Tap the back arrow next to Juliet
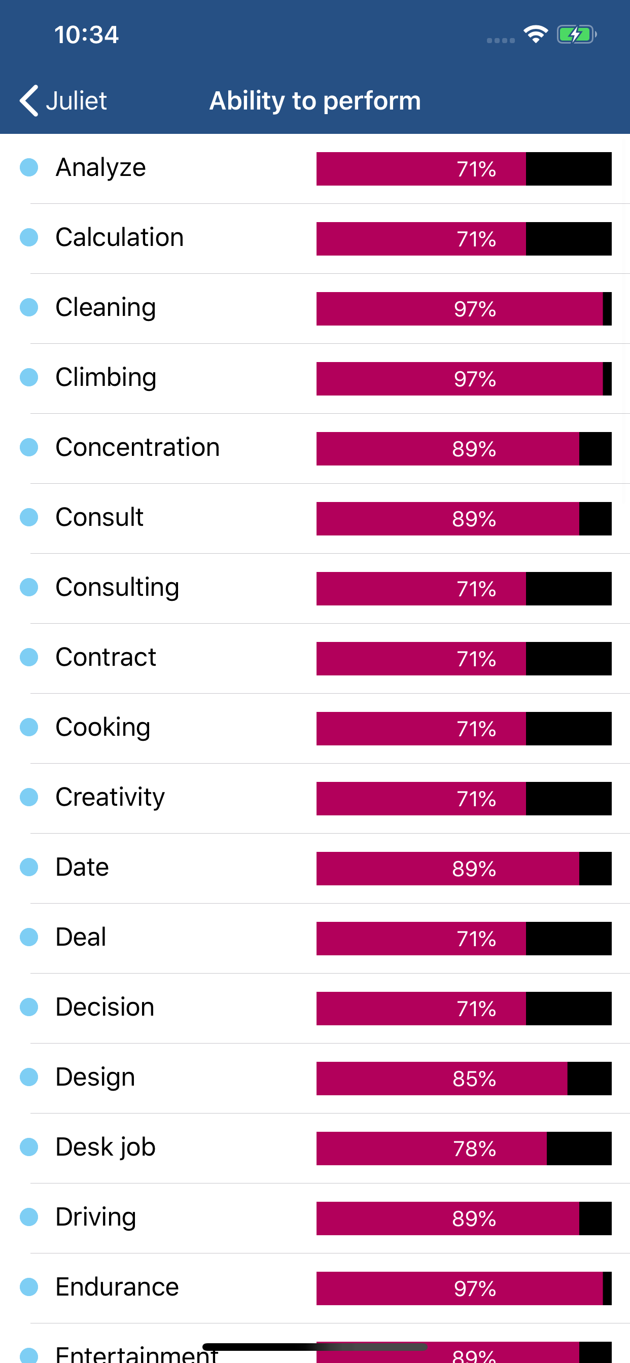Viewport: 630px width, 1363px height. tap(29, 100)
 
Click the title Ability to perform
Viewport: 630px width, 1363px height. tap(315, 100)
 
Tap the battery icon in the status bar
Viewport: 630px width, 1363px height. tap(576, 35)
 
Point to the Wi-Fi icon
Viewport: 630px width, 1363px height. tap(535, 35)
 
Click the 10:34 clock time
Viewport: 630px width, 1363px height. tap(86, 35)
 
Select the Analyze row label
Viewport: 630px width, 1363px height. tap(100, 168)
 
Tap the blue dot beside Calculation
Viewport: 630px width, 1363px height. tap(29, 238)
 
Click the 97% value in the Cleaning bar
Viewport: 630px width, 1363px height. tap(475, 309)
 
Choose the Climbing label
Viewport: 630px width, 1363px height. tap(106, 378)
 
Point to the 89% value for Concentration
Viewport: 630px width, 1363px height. tap(474, 449)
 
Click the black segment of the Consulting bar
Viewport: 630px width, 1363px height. tap(569, 589)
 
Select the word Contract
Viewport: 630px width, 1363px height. tap(106, 658)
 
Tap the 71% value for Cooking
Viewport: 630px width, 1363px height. tap(476, 729)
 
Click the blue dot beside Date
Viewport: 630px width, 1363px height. tap(29, 867)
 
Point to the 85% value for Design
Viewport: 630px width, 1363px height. tap(474, 1079)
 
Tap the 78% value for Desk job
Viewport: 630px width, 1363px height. tap(474, 1149)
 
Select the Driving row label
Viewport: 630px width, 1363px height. tap(96, 1217)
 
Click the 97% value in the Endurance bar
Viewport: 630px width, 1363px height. tap(475, 1288)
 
